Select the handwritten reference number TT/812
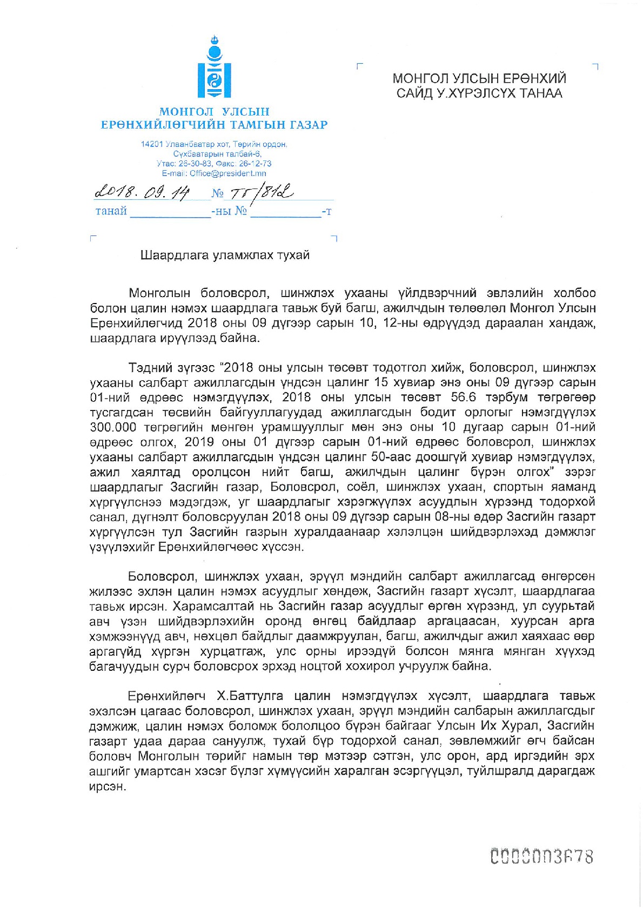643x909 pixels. (261, 193)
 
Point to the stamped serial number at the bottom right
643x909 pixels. (541, 857)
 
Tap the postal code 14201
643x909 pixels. (151, 144)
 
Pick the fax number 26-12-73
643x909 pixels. (255, 164)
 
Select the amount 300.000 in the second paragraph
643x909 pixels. (113, 427)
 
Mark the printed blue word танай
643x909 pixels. (111, 211)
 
